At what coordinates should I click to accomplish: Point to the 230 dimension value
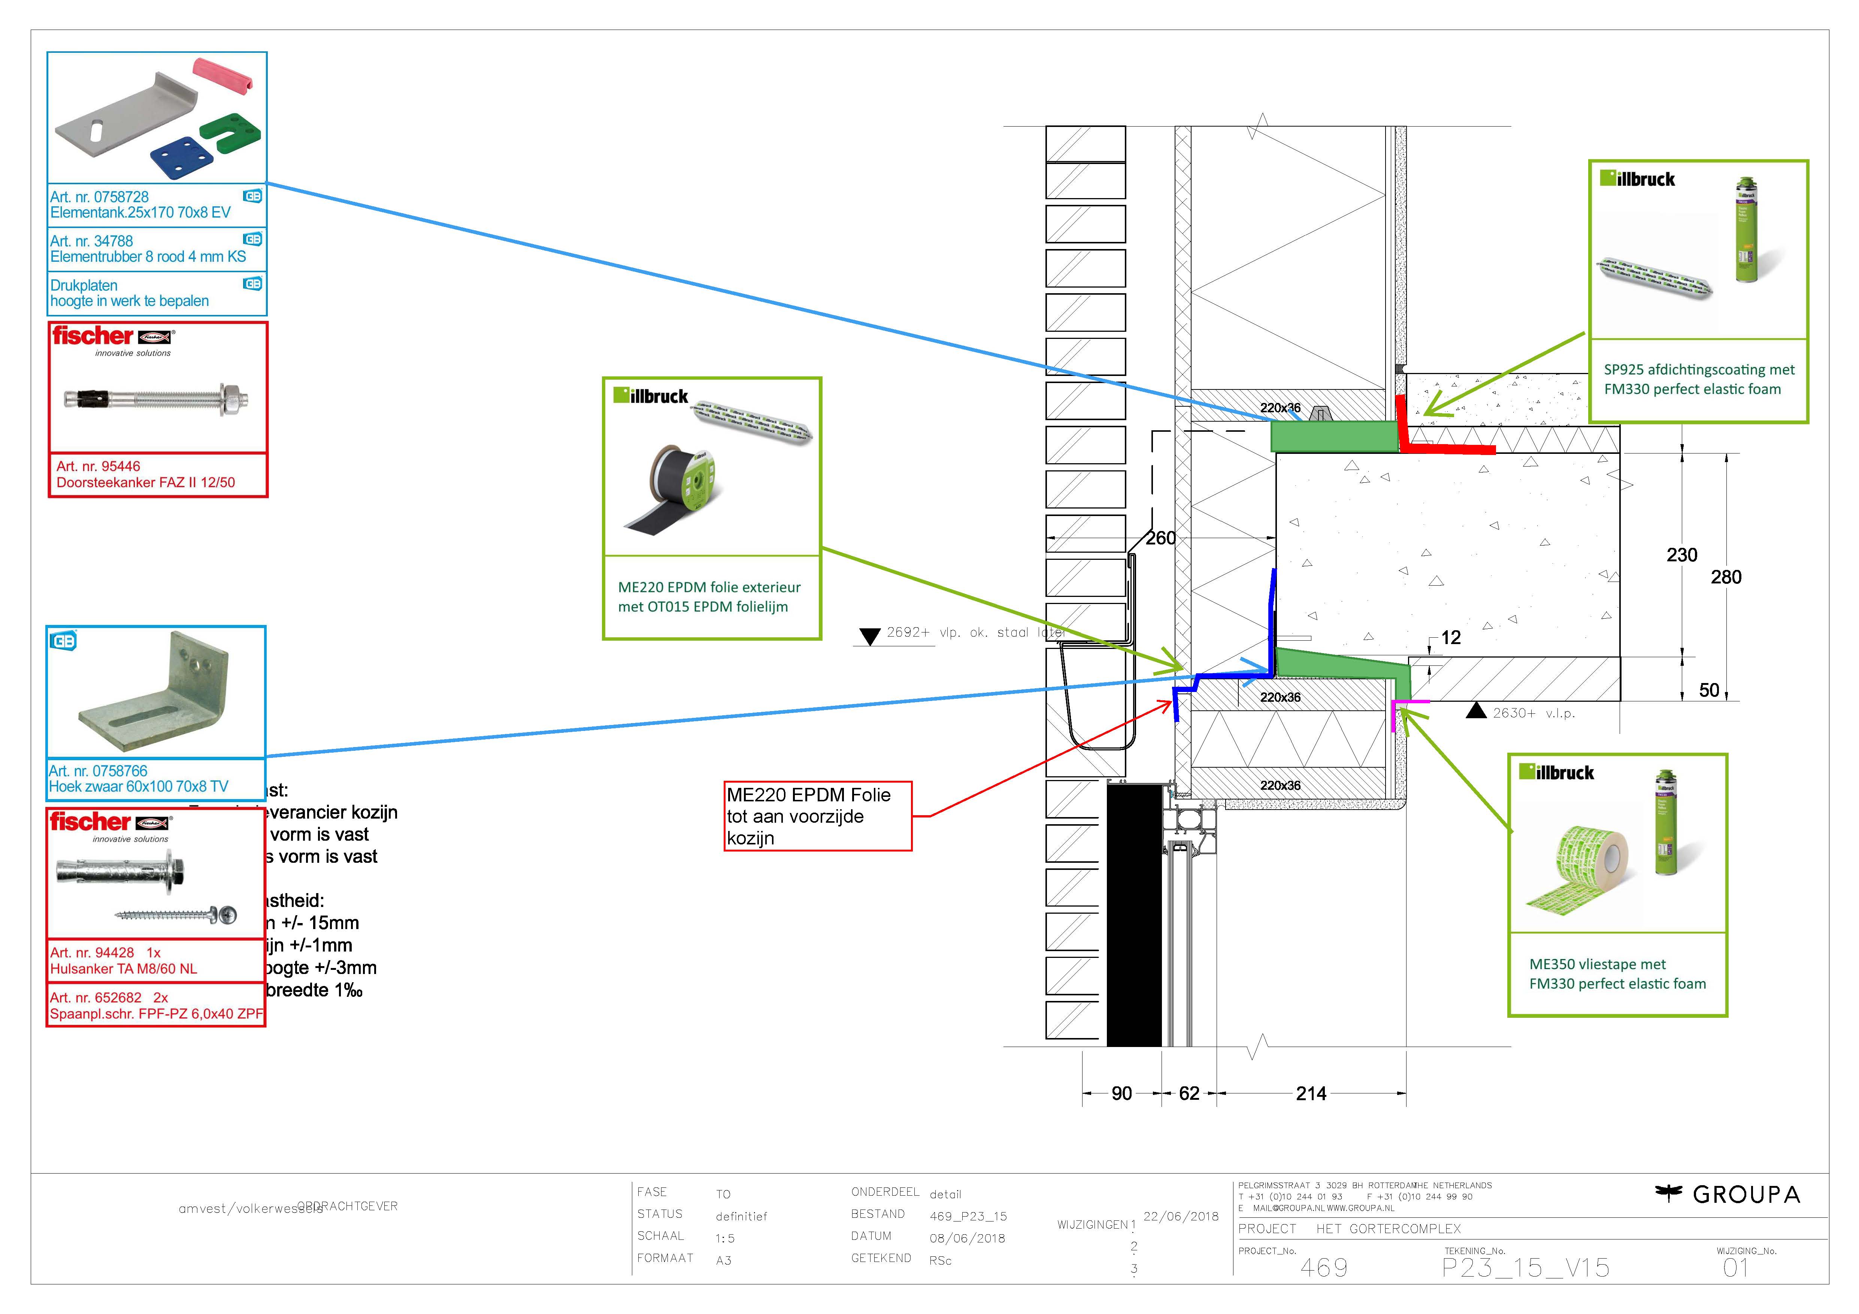(x=1682, y=555)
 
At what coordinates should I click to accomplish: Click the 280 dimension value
(x=1725, y=577)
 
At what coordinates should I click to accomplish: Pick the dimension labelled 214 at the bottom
(x=1311, y=1094)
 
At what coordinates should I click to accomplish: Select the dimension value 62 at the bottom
(x=1189, y=1094)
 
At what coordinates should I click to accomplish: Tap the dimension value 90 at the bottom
(x=1121, y=1094)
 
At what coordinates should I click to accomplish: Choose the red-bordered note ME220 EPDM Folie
(x=818, y=816)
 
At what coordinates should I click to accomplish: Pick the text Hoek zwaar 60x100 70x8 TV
(x=139, y=787)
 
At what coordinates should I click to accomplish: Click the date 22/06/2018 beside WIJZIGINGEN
(x=1181, y=1217)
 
